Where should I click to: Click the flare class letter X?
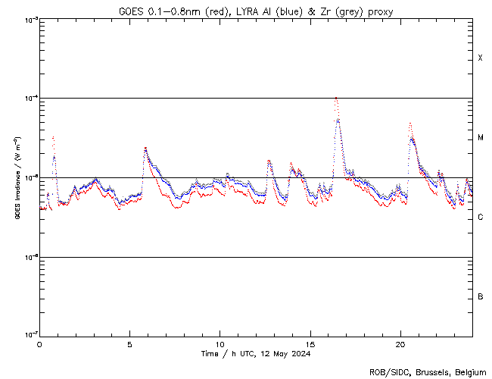click(x=481, y=58)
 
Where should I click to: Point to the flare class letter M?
click(x=481, y=138)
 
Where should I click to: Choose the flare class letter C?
click(x=481, y=218)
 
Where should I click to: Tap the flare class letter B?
click(x=481, y=296)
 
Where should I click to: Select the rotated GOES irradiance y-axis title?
click(x=17, y=177)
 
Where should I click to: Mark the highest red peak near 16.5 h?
click(x=335, y=98)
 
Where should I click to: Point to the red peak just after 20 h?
click(x=409, y=122)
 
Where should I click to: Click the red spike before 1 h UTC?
click(x=53, y=137)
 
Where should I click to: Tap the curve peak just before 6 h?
click(x=145, y=148)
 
